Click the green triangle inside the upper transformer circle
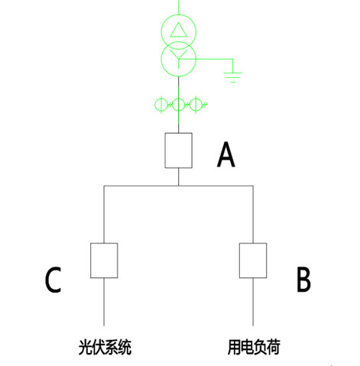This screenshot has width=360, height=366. pos(178,30)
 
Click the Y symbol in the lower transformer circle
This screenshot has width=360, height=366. pos(178,57)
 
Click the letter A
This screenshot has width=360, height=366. pos(226,155)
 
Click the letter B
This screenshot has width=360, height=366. pos(303,280)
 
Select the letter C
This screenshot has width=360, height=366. pos(52,280)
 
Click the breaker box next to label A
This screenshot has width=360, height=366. pos(178,151)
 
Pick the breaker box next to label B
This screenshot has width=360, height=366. pos(252,260)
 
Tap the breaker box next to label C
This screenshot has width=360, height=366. pos(103,260)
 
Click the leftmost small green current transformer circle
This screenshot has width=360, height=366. pos(162,105)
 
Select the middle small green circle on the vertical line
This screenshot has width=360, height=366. pos(178,105)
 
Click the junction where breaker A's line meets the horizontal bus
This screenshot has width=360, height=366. pos(178,185)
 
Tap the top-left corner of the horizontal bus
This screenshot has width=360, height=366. pos(103,185)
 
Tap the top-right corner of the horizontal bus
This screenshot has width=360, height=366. pos(252,185)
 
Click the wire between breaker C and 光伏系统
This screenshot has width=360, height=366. pos(103,302)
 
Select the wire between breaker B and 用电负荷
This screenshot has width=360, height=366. pos(252,302)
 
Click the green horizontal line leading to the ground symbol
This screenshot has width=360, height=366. pos(214,57)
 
